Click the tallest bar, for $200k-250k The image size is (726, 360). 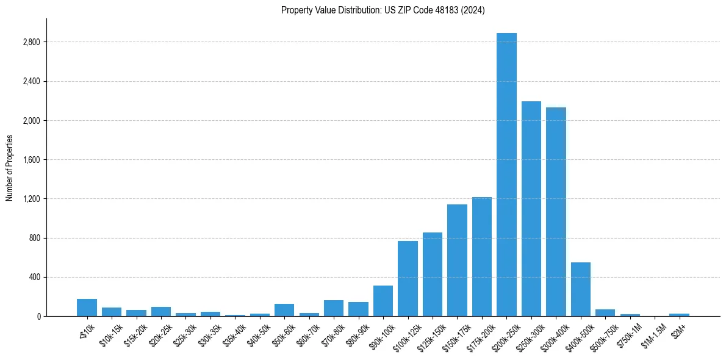coord(506,175)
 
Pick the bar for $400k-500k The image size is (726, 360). coord(581,289)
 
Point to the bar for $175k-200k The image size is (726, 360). coord(482,256)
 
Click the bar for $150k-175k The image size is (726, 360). coord(457,260)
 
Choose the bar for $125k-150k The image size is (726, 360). coord(433,274)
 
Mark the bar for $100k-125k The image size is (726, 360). coord(408,278)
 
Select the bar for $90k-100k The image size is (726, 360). coord(383,301)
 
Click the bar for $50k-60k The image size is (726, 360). coord(284,310)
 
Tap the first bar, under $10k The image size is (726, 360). coord(87,308)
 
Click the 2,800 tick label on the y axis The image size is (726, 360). coord(31,42)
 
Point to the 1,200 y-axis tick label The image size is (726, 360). coord(31,199)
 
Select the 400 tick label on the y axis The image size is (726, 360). coord(34,277)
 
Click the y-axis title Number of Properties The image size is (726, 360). coord(9,167)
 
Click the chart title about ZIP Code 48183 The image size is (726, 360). coord(383,10)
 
